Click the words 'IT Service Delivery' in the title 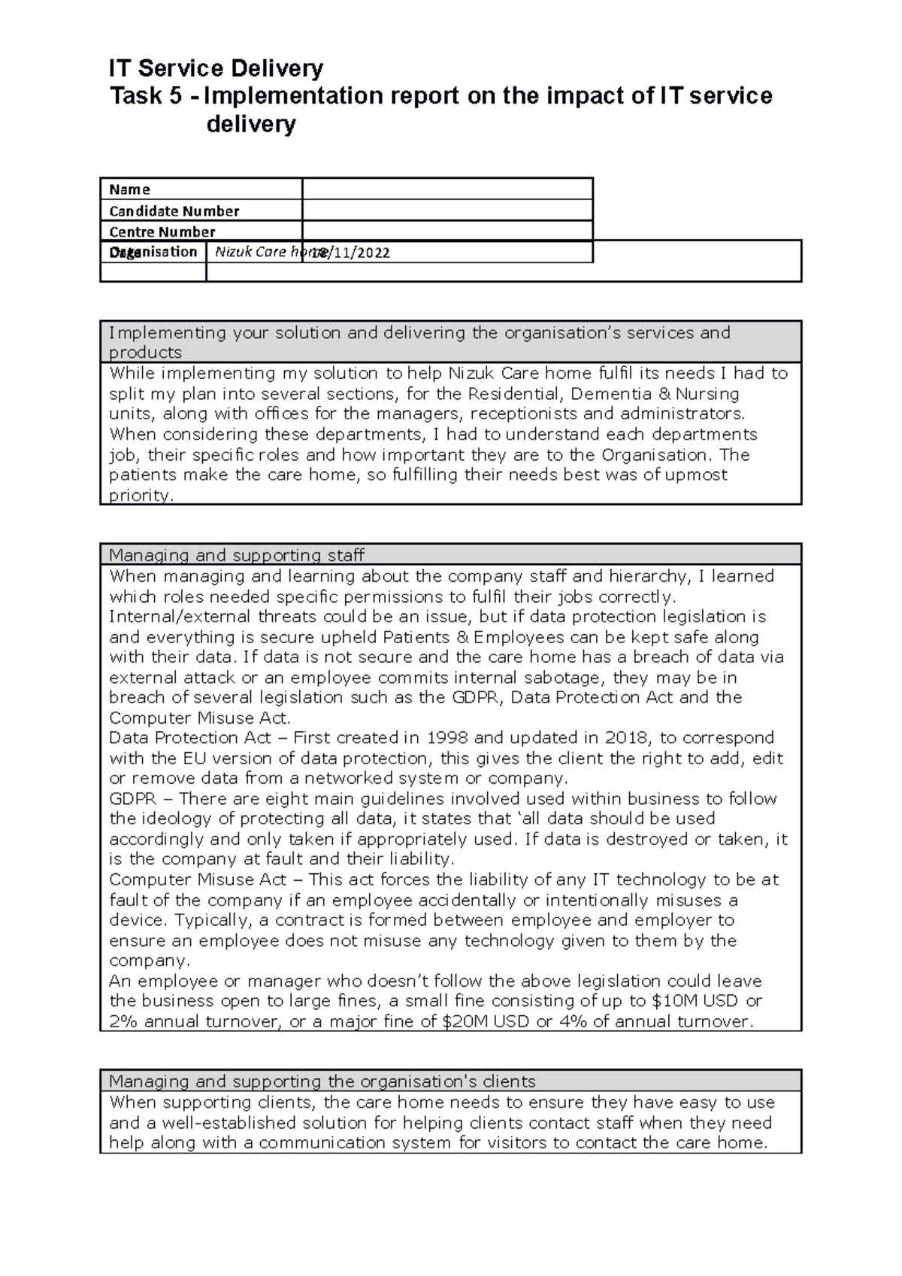[x=216, y=69]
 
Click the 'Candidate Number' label [x=174, y=211]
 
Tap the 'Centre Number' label [x=162, y=231]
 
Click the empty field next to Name [x=447, y=189]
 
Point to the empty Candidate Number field [x=447, y=210]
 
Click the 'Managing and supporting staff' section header [x=236, y=555]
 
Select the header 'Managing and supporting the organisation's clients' [x=322, y=1081]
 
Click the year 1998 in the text [x=448, y=738]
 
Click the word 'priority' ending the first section [x=140, y=496]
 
